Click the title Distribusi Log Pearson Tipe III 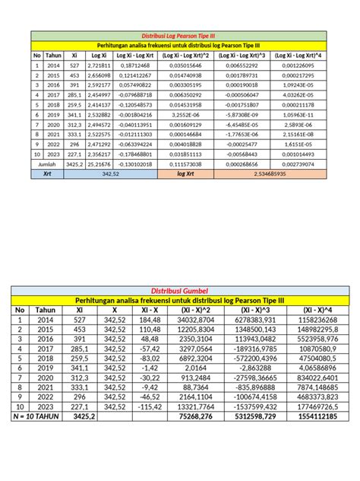pos(179,35)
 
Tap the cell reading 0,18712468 pos(135,66)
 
